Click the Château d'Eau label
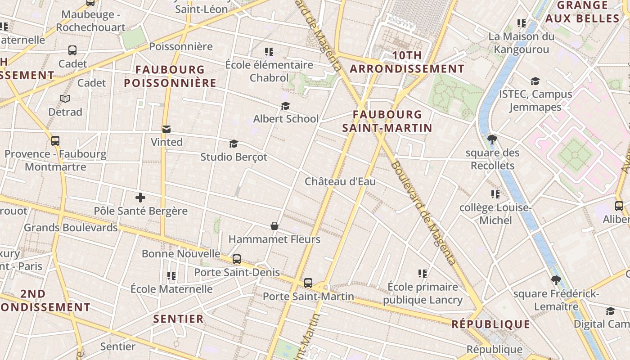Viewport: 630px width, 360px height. (340, 182)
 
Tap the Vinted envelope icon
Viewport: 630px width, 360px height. (166, 130)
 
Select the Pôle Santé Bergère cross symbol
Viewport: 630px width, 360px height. (140, 197)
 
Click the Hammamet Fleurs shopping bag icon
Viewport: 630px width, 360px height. (274, 225)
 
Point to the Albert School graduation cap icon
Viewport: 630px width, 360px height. (285, 106)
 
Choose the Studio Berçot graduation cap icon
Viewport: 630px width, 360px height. (234, 144)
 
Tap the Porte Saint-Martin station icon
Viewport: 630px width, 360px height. (308, 283)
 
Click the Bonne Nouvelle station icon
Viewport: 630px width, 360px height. (236, 259)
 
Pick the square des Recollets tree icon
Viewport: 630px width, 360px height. (492, 139)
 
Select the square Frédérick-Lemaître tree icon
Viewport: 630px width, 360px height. (556, 280)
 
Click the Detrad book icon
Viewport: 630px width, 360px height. (65, 98)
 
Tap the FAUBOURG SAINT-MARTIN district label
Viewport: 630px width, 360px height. (387, 121)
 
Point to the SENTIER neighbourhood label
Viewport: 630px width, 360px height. (179, 319)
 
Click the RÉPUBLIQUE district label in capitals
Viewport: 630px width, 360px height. (491, 324)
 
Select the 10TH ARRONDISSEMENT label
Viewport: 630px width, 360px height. (407, 62)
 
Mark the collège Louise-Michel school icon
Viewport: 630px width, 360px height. (495, 194)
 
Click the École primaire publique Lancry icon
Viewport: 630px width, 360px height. (422, 273)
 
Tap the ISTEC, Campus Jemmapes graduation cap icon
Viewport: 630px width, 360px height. (535, 81)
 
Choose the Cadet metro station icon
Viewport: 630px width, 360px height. (72, 50)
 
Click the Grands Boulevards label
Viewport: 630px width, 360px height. (71, 228)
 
